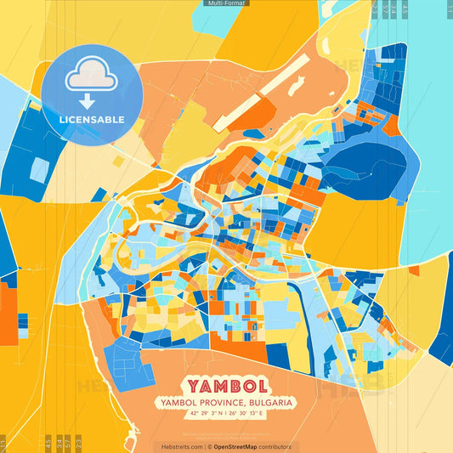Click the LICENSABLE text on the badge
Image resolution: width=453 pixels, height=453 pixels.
91,120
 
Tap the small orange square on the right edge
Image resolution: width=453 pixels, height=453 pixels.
413,271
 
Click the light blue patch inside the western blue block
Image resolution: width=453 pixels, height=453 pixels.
39,170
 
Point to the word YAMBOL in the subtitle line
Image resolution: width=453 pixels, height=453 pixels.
174,402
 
